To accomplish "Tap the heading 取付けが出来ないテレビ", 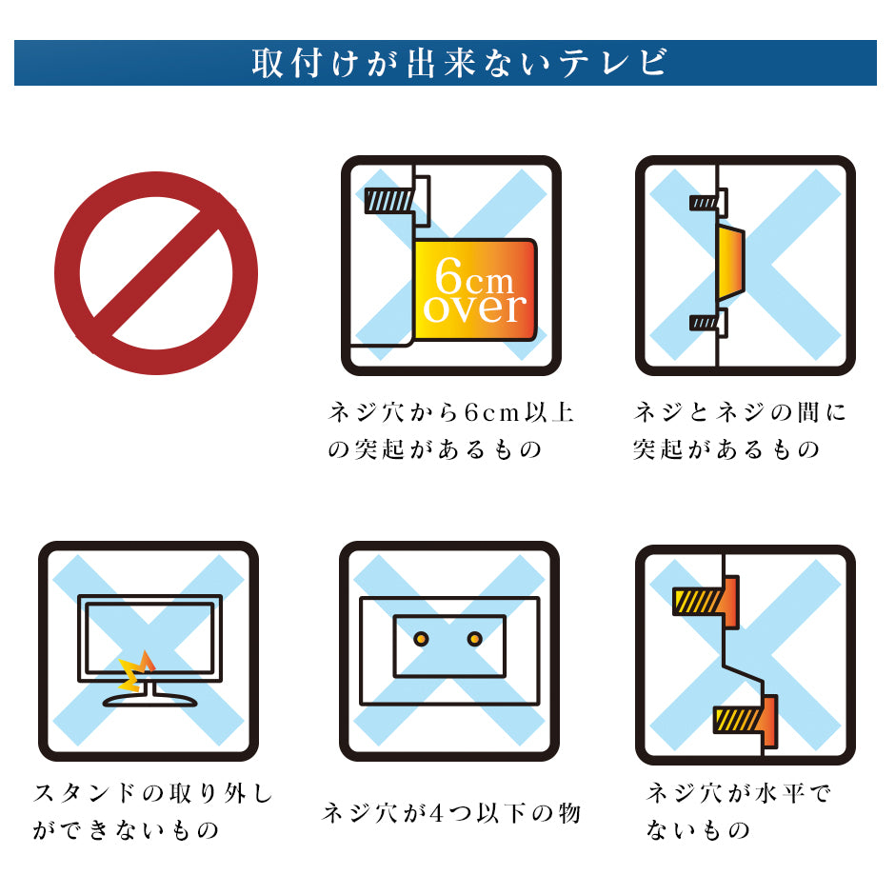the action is click(459, 63).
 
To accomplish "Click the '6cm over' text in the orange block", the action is click(474, 291).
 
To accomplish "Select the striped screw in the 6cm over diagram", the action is click(388, 201).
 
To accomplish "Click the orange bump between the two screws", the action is click(730, 264).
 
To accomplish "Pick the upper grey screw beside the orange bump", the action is click(704, 203).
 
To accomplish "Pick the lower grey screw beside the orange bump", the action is click(704, 323).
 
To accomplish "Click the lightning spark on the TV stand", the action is click(136, 672).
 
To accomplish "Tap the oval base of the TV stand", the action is click(149, 700).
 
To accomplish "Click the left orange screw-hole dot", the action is click(421, 639).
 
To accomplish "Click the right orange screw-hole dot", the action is click(474, 639).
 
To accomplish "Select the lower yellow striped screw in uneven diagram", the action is click(738, 720).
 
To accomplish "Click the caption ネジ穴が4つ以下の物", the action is click(451, 813).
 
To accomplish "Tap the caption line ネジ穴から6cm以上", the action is click(451, 411).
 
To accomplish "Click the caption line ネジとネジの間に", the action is click(740, 411).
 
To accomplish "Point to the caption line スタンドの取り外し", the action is click(153, 793).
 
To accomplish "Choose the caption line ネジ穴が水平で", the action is click(739, 793).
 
